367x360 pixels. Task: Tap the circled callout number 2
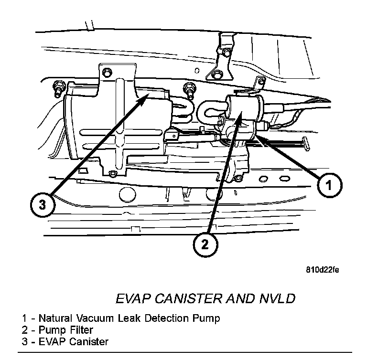pyautogui.click(x=205, y=244)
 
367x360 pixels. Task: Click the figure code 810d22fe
pyautogui.click(x=323, y=270)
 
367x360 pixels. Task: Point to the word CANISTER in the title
pyautogui.click(x=186, y=299)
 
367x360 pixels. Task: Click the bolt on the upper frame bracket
pyautogui.click(x=217, y=74)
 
